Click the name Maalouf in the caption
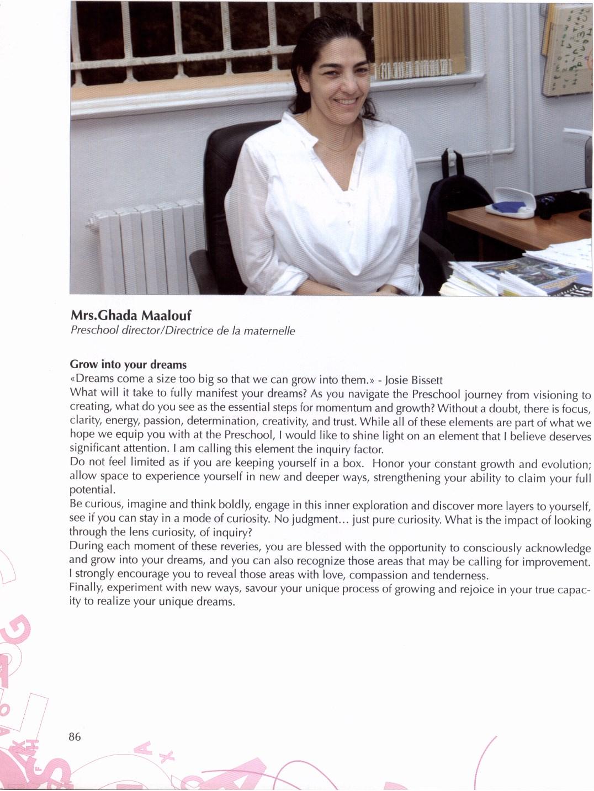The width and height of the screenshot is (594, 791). tap(166, 316)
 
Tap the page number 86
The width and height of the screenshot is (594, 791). tap(75, 736)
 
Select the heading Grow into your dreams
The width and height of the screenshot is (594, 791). tap(128, 364)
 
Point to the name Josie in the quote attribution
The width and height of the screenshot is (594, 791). tap(396, 380)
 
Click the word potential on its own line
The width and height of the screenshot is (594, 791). tap(91, 490)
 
